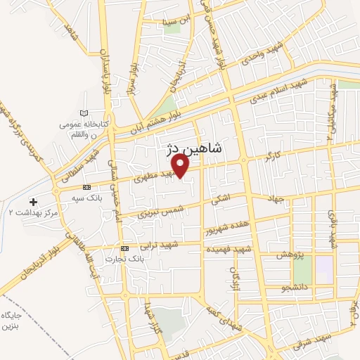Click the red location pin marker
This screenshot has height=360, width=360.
181,165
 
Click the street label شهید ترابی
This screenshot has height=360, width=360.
160,245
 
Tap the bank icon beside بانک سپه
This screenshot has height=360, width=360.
86,188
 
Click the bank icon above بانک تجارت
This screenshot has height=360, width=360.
125,248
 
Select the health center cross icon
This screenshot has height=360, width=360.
33,202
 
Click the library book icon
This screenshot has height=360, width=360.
84,113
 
